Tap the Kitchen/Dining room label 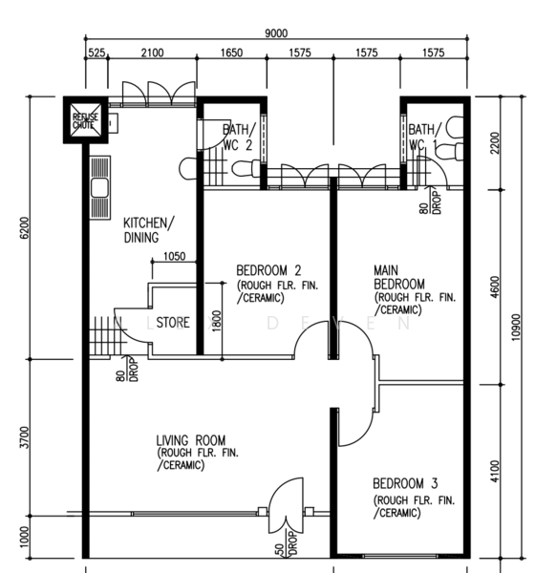(149, 230)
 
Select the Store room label (173, 323)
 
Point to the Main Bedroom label (399, 278)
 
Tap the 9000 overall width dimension (276, 33)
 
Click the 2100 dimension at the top (153, 53)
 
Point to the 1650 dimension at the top (232, 53)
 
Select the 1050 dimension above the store (174, 256)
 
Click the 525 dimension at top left (96, 53)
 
